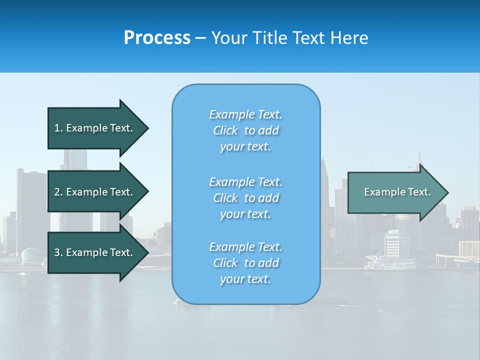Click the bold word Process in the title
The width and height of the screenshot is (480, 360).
click(157, 38)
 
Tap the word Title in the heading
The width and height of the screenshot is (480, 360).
click(268, 38)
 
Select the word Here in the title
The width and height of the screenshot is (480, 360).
click(350, 38)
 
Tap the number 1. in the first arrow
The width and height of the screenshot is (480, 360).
click(58, 128)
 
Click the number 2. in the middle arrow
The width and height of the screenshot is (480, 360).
click(58, 192)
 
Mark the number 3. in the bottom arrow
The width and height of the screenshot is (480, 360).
click(58, 252)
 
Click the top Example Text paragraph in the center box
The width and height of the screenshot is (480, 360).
click(245, 130)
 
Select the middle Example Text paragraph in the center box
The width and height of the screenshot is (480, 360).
click(245, 197)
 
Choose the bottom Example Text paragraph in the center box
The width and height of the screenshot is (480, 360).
click(245, 263)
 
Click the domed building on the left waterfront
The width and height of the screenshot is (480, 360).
click(31, 256)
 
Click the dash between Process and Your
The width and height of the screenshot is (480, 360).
click(200, 38)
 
